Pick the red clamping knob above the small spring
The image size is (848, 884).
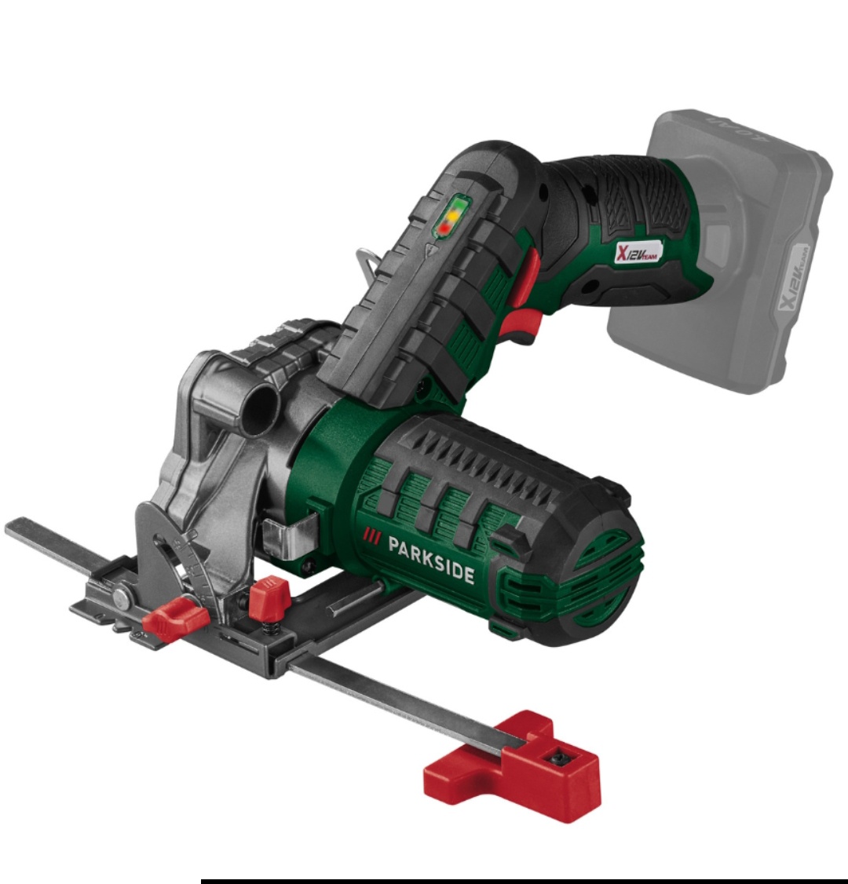[x=269, y=596]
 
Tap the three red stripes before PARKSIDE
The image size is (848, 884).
[x=371, y=537]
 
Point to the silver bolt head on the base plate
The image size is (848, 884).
[x=122, y=599]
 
